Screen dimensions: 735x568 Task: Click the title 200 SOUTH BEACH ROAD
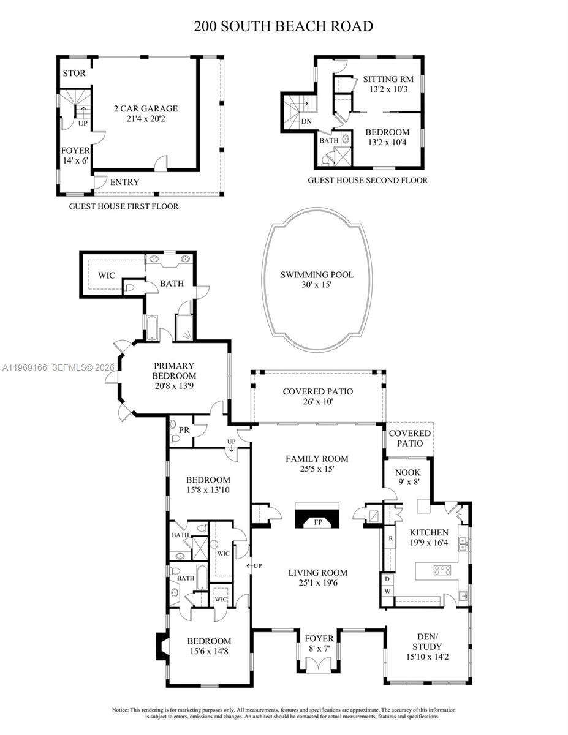point(284,26)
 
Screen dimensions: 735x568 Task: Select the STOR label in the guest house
point(74,73)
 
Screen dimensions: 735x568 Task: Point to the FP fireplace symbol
point(317,522)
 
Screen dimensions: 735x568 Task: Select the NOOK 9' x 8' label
point(407,478)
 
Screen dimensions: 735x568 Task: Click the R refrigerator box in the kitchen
point(390,538)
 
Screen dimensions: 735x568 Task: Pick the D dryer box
point(387,579)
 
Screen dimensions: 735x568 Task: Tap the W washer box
point(387,592)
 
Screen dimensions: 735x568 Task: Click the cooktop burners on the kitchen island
point(442,570)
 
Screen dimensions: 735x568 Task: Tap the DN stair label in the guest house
point(306,121)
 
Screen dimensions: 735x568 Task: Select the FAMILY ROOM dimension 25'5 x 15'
point(317,469)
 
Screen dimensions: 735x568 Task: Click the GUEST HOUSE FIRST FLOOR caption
point(124,206)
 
